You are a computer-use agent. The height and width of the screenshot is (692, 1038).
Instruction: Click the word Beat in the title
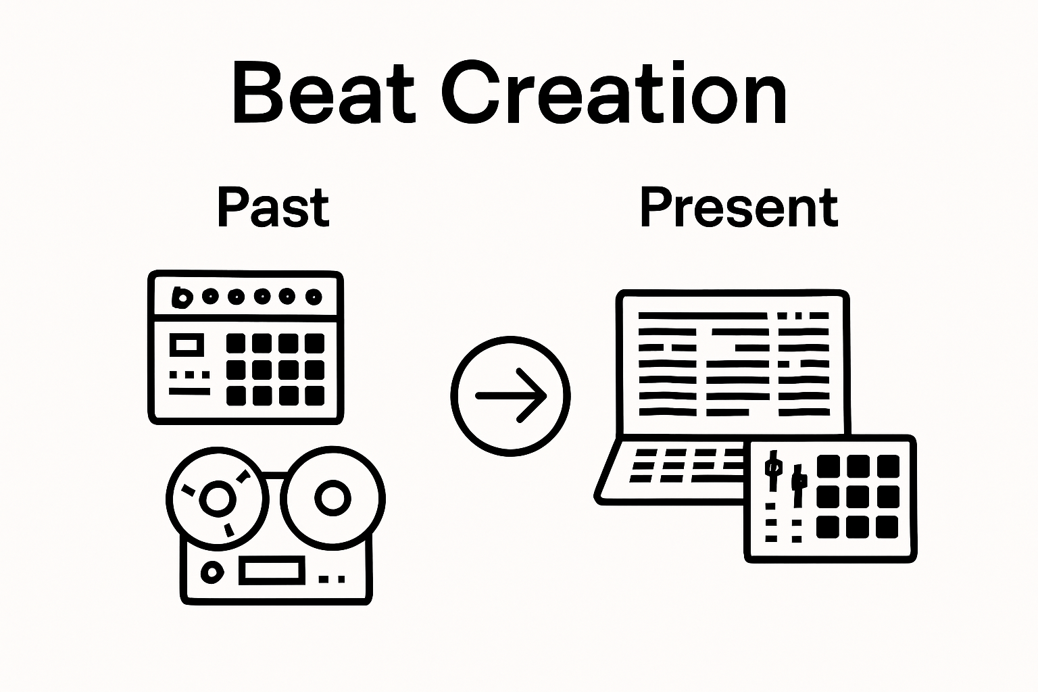[324, 93]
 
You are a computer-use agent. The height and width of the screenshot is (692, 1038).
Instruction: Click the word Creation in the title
[614, 93]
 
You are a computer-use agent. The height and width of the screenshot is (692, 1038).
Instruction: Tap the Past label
[274, 208]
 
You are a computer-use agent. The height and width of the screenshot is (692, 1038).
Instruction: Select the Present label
[739, 208]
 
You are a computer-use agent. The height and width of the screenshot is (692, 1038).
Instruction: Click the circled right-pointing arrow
[510, 396]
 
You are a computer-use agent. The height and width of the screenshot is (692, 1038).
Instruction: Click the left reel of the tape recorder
[218, 499]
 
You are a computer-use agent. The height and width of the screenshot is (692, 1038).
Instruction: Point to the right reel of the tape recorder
[332, 498]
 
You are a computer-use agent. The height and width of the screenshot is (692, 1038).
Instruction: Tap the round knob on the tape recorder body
[212, 572]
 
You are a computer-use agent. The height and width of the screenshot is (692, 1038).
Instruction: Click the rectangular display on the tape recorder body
[272, 570]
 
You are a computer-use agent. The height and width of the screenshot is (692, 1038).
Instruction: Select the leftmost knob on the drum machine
[182, 297]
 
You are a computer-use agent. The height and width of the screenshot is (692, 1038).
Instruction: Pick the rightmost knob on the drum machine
[314, 297]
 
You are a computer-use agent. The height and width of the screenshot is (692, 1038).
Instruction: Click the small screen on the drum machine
[187, 345]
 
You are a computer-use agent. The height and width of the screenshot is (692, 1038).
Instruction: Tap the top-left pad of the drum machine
[235, 343]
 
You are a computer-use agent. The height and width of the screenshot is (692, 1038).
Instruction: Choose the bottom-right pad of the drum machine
[315, 396]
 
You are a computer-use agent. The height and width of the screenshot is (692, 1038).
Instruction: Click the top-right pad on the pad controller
[888, 466]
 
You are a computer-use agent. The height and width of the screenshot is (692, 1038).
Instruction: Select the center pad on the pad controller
[858, 497]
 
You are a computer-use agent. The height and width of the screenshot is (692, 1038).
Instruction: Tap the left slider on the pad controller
[773, 470]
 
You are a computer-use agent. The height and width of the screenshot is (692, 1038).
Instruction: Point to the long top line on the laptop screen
[703, 316]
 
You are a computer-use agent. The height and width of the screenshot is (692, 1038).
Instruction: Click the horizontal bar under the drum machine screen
[189, 392]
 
